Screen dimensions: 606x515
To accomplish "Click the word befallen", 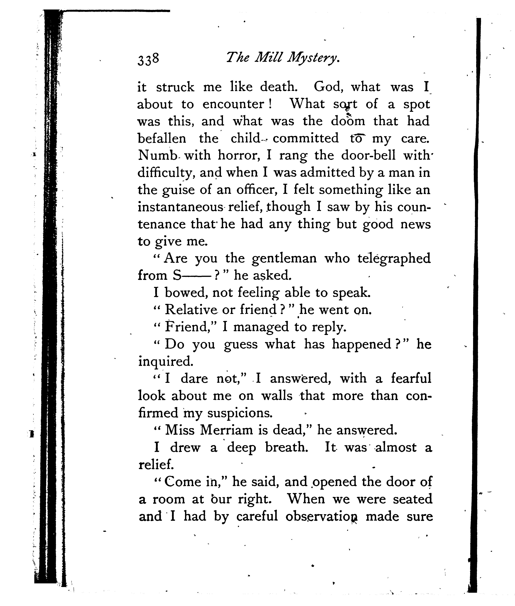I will click(x=162, y=138).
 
